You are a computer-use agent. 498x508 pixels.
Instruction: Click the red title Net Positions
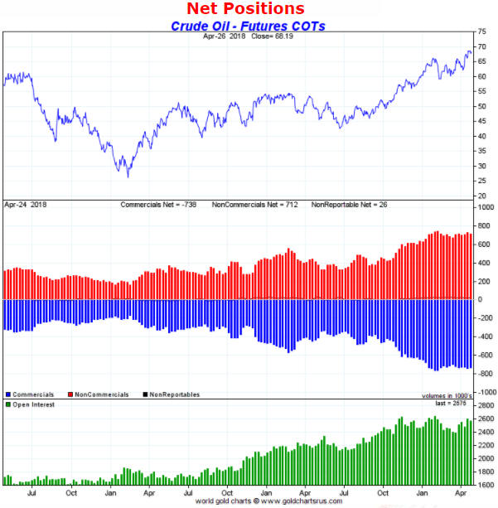pyautogui.click(x=245, y=9)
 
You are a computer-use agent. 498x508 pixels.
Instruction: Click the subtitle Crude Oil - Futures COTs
pyautogui.click(x=248, y=26)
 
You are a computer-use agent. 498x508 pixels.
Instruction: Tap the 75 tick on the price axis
pyautogui.click(x=481, y=31)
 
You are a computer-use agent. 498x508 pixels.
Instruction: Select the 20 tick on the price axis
pyautogui.click(x=481, y=196)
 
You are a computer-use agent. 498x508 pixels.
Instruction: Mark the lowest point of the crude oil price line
pyautogui.click(x=128, y=177)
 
